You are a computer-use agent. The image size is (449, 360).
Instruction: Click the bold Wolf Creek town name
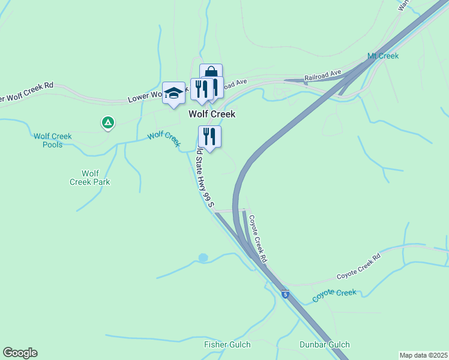212,113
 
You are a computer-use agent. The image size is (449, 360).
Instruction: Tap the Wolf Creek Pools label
53,140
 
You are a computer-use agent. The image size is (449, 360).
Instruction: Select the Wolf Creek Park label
90,178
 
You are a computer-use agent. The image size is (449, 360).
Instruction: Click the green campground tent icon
107,123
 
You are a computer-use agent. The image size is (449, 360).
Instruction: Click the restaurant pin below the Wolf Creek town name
209,137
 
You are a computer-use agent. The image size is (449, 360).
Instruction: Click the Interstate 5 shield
285,295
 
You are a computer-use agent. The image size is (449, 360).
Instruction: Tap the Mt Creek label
383,56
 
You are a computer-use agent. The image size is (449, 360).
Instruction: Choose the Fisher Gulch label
227,345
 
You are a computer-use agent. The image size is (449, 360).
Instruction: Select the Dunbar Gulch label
325,345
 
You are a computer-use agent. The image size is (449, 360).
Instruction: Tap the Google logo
20,353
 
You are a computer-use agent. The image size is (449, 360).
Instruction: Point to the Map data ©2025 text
423,355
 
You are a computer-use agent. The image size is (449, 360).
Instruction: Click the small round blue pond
203,257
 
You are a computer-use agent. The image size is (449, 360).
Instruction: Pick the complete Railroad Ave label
323,75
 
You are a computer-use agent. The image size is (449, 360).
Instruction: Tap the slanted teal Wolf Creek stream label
164,139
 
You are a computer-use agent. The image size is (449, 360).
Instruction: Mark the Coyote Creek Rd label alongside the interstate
257,239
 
